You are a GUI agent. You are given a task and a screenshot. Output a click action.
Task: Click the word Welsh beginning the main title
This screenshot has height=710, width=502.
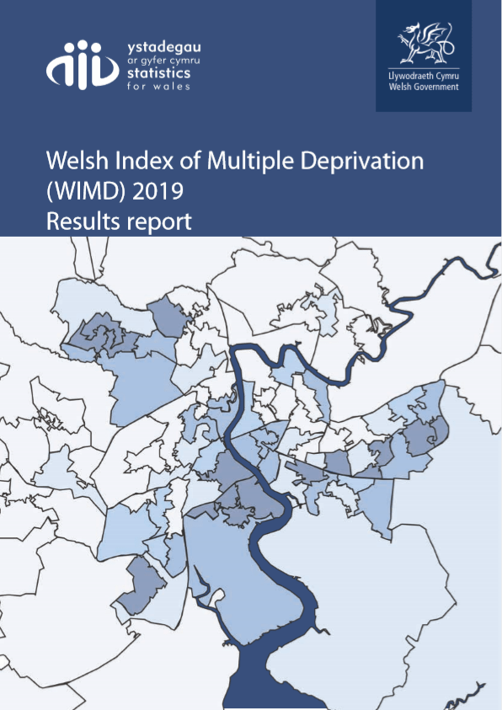tap(72, 162)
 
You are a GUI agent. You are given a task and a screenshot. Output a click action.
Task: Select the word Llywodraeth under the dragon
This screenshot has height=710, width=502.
tap(409, 77)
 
